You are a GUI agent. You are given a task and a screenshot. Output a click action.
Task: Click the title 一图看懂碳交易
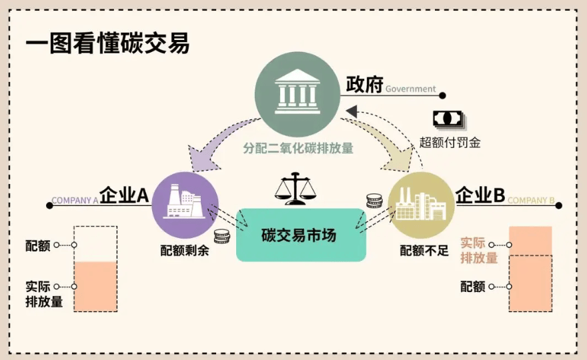pyautogui.click(x=107, y=43)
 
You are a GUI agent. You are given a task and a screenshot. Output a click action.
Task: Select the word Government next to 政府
pyautogui.click(x=411, y=89)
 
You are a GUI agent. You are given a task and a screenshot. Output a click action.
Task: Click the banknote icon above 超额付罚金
pyautogui.click(x=449, y=120)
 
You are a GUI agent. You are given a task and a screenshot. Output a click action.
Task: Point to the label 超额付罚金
pyautogui.click(x=450, y=143)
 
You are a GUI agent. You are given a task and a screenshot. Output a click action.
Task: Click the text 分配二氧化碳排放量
pyautogui.click(x=298, y=148)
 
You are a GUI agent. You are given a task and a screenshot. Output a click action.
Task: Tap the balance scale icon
pyautogui.click(x=296, y=188)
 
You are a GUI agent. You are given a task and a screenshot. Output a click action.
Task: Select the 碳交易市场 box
pyautogui.click(x=301, y=235)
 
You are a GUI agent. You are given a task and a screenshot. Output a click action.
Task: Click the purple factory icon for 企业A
pyautogui.click(x=185, y=205)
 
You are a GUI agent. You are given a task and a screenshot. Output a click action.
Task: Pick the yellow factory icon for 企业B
pyautogui.click(x=421, y=205)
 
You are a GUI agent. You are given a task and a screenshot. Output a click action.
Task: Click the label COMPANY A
pyautogui.click(x=75, y=201)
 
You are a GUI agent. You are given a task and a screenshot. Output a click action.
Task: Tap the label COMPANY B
pyautogui.click(x=531, y=201)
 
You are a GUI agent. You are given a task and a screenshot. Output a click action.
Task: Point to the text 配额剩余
pyautogui.click(x=185, y=251)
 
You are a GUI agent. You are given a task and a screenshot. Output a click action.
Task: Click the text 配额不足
pyautogui.click(x=424, y=251)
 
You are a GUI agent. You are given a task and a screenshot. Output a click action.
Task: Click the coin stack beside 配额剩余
pyautogui.click(x=222, y=236)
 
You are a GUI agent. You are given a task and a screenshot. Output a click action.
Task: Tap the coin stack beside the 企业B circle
pyautogui.click(x=374, y=201)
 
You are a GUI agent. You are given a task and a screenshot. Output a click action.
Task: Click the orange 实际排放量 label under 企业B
pyautogui.click(x=479, y=251)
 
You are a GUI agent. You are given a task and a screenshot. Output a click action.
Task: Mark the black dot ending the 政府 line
pyautogui.click(x=442, y=95)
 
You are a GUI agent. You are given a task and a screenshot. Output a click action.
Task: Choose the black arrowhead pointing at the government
pyautogui.click(x=352, y=111)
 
